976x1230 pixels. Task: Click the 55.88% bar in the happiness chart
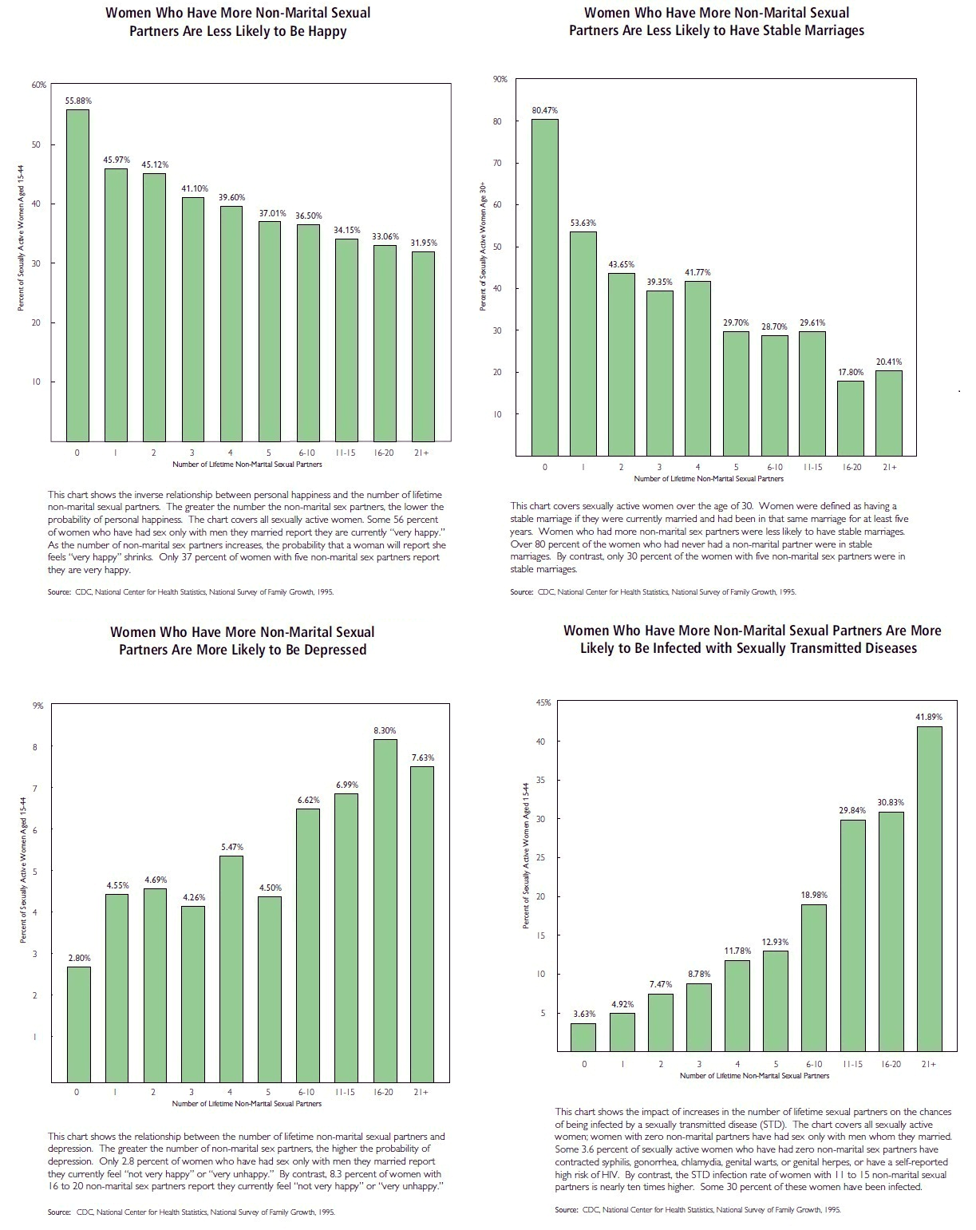[77, 275]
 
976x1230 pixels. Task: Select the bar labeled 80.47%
[545, 287]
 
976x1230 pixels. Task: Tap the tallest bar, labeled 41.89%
[929, 889]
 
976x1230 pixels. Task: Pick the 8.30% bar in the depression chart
[385, 910]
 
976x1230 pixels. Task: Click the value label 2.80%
[78, 957]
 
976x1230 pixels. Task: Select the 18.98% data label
[814, 896]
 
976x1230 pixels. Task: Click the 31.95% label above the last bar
[423, 243]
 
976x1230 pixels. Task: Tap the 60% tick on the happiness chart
[39, 85]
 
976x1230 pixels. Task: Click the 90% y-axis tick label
[500, 80]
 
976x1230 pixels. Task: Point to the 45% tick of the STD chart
[543, 702]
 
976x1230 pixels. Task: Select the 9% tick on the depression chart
[38, 706]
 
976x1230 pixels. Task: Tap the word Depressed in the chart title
[330, 650]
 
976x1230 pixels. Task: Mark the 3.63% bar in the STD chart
[583, 1038]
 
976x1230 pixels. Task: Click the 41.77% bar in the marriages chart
[697, 368]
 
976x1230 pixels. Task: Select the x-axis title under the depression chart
[247, 1104]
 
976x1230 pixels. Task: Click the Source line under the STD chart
[697, 1210]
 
